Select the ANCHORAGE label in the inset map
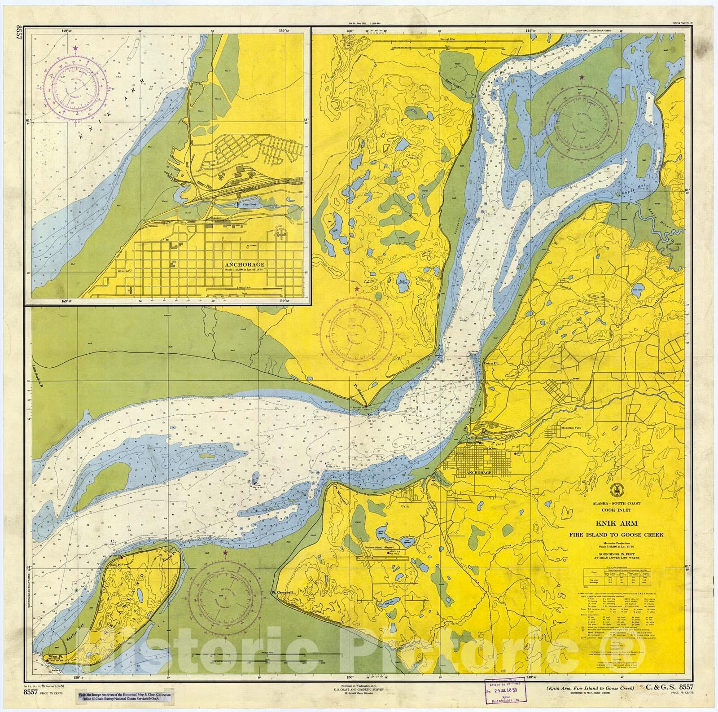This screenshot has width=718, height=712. point(246,265)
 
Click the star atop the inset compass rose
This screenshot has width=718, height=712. point(75,48)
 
